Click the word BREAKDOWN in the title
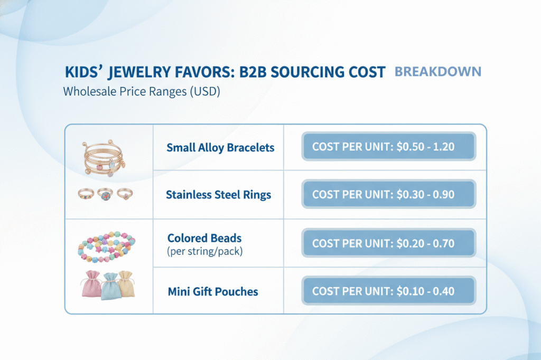tap(438, 72)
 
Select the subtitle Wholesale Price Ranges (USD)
tap(141, 91)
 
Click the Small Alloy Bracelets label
tap(220, 147)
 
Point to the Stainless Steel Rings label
tap(218, 195)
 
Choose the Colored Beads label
tap(204, 238)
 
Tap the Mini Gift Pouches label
tap(213, 291)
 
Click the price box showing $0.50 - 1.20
tap(389, 147)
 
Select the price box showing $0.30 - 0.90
tap(389, 194)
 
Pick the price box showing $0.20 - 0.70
tap(389, 243)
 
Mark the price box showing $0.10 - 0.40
tap(389, 291)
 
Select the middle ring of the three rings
tap(104, 194)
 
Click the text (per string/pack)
tap(204, 251)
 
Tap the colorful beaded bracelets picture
tap(106, 246)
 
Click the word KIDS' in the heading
tap(87, 73)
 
